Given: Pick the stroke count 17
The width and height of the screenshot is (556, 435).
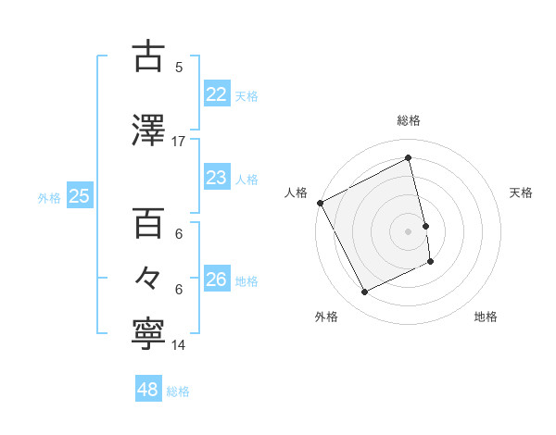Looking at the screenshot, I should [x=179, y=141].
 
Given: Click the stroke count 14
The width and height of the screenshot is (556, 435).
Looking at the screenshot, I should [x=179, y=345].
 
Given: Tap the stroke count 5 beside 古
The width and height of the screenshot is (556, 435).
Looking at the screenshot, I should [x=179, y=67].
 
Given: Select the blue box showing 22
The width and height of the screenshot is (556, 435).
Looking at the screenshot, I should [x=216, y=93].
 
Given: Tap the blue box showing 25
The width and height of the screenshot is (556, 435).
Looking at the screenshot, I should [x=79, y=195].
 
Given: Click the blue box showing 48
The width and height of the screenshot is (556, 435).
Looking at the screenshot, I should [x=148, y=390].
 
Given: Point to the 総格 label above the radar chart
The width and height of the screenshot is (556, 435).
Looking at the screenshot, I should [x=409, y=120].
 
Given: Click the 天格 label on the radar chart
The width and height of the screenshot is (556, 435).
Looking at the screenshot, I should [x=522, y=193].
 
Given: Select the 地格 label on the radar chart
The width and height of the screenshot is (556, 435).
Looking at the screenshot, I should [x=486, y=317].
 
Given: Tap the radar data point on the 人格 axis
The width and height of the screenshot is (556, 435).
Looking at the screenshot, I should [x=321, y=203].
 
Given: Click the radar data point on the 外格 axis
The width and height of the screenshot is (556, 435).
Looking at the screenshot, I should [x=364, y=292].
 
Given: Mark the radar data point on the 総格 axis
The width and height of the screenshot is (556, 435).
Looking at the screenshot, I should [x=409, y=158].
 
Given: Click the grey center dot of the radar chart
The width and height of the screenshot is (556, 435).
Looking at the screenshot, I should [x=409, y=230].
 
